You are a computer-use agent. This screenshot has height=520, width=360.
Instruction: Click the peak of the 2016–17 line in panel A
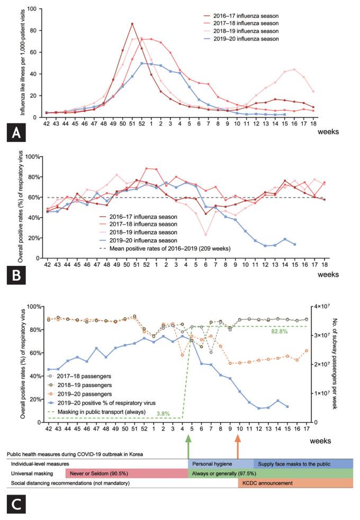click(132, 24)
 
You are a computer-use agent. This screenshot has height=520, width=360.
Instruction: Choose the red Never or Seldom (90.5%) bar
click(126, 473)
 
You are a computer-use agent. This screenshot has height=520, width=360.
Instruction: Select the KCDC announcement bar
click(295, 483)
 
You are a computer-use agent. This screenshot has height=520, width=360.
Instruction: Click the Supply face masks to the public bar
click(303, 463)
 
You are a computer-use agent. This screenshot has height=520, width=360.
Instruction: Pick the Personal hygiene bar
click(220, 463)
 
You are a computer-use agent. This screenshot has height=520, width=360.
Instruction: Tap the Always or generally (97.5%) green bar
click(270, 473)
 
